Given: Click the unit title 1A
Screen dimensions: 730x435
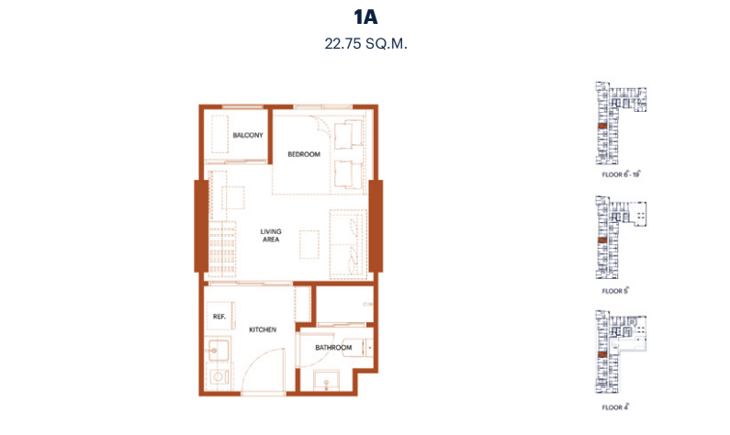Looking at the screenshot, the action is pyautogui.click(x=365, y=17).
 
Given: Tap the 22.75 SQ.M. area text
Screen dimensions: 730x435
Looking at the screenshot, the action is pyautogui.click(x=365, y=44).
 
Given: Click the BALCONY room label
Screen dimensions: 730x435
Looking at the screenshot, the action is pyautogui.click(x=248, y=135).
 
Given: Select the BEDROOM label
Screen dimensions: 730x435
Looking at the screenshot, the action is pyautogui.click(x=304, y=154).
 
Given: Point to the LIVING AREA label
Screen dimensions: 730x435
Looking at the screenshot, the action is pyautogui.click(x=271, y=236).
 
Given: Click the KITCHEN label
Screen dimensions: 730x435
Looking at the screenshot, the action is pyautogui.click(x=263, y=329).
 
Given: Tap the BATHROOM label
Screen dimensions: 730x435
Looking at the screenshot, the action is pyautogui.click(x=333, y=347).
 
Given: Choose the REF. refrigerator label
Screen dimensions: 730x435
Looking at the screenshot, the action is pyautogui.click(x=219, y=317).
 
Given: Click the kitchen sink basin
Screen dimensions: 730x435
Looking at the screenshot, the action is pyautogui.click(x=218, y=350).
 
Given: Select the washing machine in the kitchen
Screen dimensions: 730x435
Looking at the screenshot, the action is pyautogui.click(x=218, y=376).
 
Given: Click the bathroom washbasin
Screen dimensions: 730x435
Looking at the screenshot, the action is pyautogui.click(x=326, y=381).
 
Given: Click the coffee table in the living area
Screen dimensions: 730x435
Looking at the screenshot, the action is pyautogui.click(x=309, y=244).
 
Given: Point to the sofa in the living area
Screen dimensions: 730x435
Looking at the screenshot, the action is pyautogui.click(x=348, y=244).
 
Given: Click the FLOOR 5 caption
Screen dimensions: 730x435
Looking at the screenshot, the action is pyautogui.click(x=615, y=291).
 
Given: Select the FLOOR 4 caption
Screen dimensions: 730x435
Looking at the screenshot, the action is pyautogui.click(x=615, y=407).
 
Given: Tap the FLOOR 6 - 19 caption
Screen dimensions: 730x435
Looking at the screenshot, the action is pyautogui.click(x=621, y=174).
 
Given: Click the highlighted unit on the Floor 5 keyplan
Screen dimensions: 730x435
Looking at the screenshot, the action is pyautogui.click(x=602, y=240).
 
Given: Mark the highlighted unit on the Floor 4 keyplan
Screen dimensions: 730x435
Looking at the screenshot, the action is pyautogui.click(x=602, y=354).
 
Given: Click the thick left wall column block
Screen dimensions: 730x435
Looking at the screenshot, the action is pyautogui.click(x=201, y=226).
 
